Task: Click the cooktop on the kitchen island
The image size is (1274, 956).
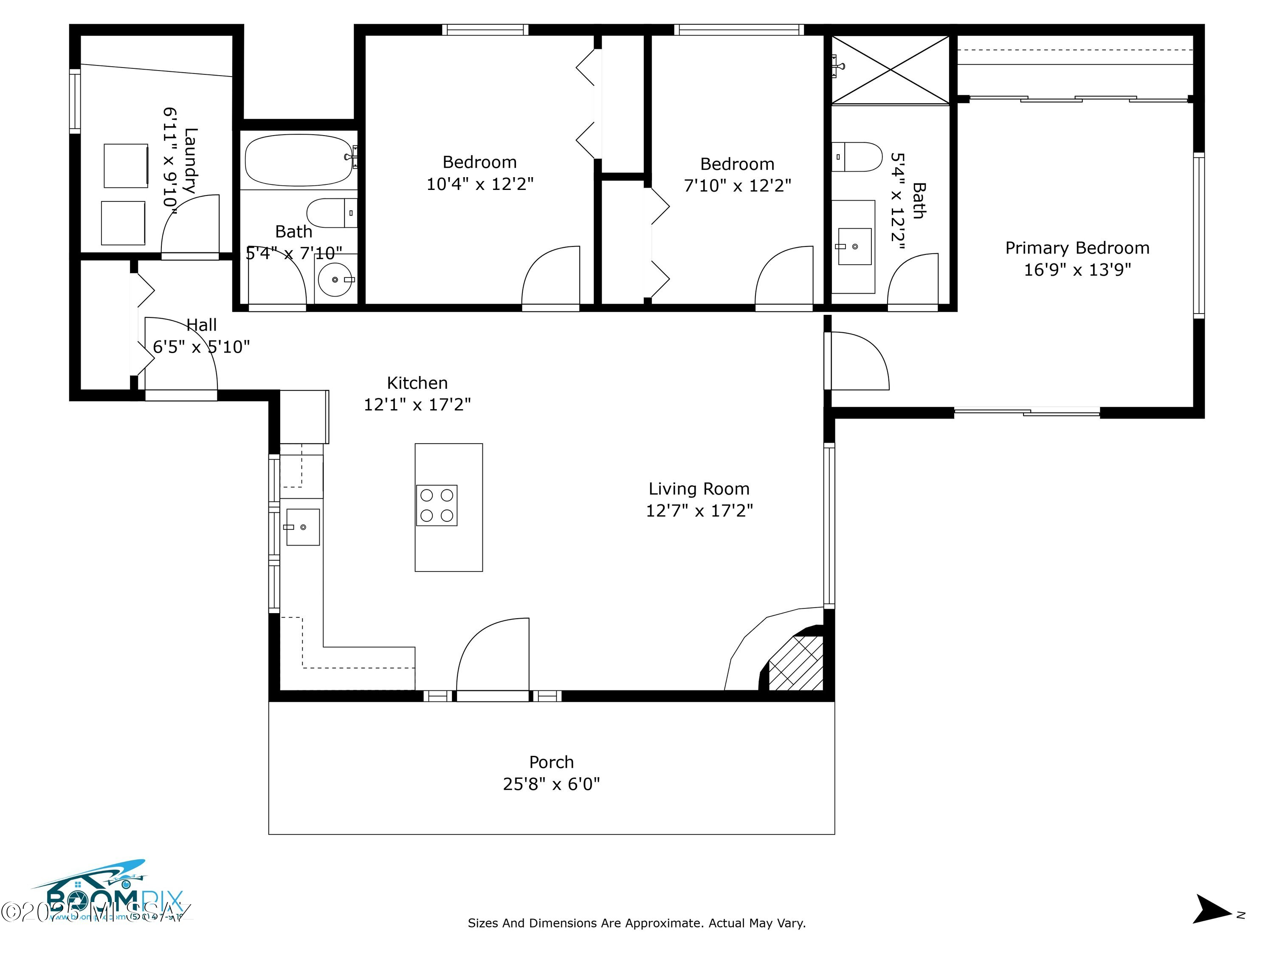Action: coord(437,505)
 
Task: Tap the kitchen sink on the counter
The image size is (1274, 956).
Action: coord(303,527)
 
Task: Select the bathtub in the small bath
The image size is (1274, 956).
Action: coord(299,160)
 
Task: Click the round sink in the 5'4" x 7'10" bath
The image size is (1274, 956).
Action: coord(335,280)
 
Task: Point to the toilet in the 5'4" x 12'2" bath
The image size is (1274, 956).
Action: coord(857,157)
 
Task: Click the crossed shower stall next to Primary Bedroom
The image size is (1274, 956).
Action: coord(891,70)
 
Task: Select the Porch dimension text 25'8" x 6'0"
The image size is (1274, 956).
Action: coord(551,784)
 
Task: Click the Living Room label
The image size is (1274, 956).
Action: coord(699,489)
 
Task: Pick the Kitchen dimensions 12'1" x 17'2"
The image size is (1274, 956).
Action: coord(417,404)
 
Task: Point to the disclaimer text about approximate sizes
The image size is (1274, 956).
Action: coord(637,923)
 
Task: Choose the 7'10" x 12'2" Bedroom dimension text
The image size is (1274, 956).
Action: coord(737,186)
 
